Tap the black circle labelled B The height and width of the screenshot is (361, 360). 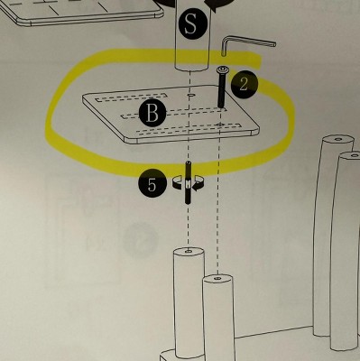coord(152,114)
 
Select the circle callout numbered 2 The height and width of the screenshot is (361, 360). coord(245,85)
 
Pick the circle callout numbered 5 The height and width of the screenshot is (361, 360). coord(152,184)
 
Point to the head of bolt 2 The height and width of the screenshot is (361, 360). coord(223,70)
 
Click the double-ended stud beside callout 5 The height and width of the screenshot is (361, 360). coord(188,182)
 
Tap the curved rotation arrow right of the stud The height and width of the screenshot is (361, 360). coord(198,184)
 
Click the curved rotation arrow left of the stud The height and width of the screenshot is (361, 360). coord(178,182)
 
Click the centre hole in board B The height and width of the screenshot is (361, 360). coord(190,95)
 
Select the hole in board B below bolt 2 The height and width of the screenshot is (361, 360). coord(220,125)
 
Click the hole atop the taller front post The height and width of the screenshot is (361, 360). coord(189,251)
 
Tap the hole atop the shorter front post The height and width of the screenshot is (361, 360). coord(218,279)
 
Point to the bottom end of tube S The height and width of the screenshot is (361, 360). coord(191,68)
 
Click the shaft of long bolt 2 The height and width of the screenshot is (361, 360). coord(222,90)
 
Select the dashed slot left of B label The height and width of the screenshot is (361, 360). coord(130,116)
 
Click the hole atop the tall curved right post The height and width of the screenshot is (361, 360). coord(338,139)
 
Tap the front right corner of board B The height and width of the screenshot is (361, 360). coord(257,128)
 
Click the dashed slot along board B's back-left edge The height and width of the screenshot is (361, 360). coord(131,97)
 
